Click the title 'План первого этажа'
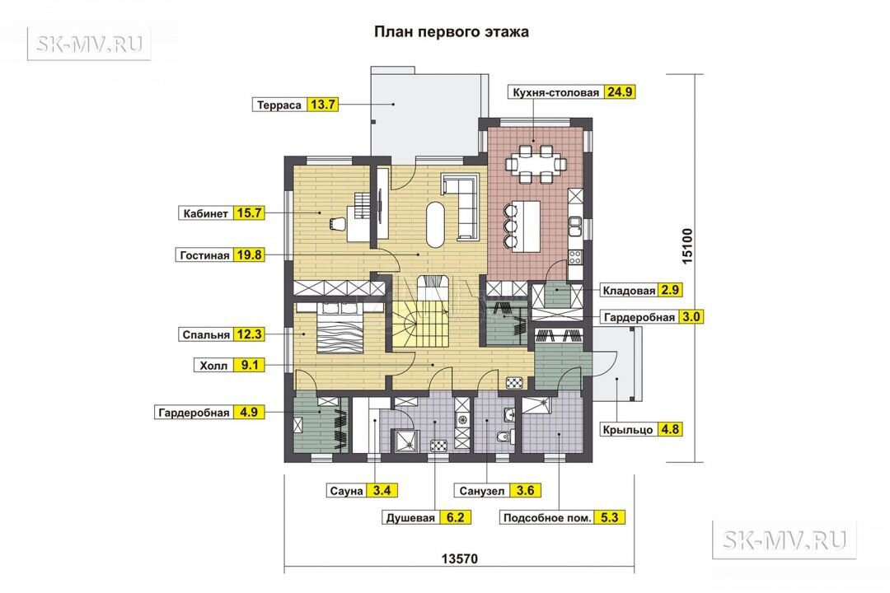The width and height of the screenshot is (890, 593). click(x=452, y=32)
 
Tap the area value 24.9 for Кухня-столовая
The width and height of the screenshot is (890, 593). click(x=619, y=92)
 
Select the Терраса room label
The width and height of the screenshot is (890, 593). click(x=279, y=105)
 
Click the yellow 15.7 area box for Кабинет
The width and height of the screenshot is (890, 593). click(x=249, y=213)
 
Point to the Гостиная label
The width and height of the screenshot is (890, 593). click(x=204, y=255)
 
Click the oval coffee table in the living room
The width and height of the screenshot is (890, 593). click(x=435, y=224)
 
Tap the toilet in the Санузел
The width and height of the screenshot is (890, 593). click(x=504, y=437)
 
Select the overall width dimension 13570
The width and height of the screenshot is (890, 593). click(x=460, y=558)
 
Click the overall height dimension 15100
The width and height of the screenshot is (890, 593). click(x=686, y=245)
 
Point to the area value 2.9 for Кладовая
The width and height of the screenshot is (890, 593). click(x=670, y=290)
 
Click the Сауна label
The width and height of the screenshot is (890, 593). click(x=346, y=491)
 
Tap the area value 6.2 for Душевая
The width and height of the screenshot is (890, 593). click(x=455, y=517)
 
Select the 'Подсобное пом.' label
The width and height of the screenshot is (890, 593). click(x=547, y=517)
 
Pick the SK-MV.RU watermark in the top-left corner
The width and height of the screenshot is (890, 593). click(x=89, y=44)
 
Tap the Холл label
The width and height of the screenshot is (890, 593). click(x=213, y=366)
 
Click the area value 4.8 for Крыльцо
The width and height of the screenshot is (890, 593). click(x=670, y=430)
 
